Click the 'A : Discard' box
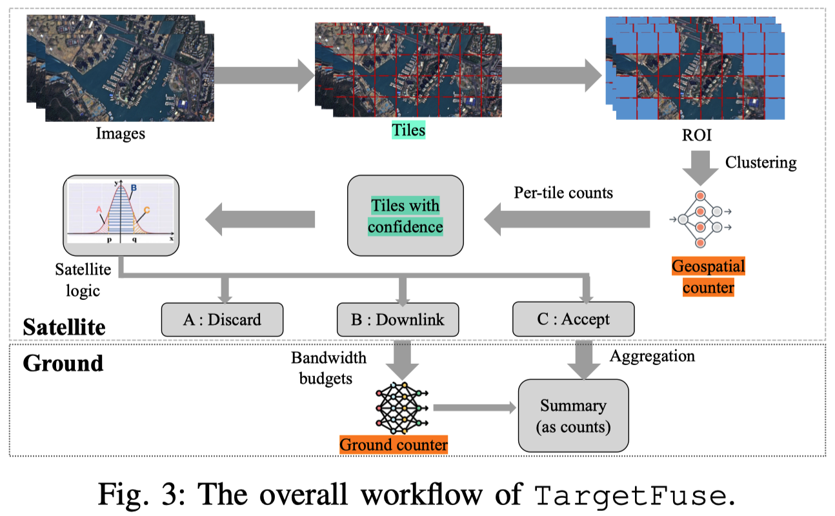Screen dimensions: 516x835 221,319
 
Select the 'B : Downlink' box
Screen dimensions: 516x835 397,319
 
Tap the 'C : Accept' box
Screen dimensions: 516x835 573,319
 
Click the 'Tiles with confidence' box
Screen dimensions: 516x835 405,216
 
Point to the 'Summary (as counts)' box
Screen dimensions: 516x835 573,415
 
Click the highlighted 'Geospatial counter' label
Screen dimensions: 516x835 708,277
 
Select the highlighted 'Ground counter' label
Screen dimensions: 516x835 394,445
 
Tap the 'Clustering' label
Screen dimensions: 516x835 760,162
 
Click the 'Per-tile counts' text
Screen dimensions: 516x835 563,192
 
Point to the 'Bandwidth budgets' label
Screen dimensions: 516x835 328,368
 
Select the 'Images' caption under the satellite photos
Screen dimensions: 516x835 121,134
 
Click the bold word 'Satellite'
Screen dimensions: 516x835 64,326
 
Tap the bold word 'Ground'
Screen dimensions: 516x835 63,362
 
